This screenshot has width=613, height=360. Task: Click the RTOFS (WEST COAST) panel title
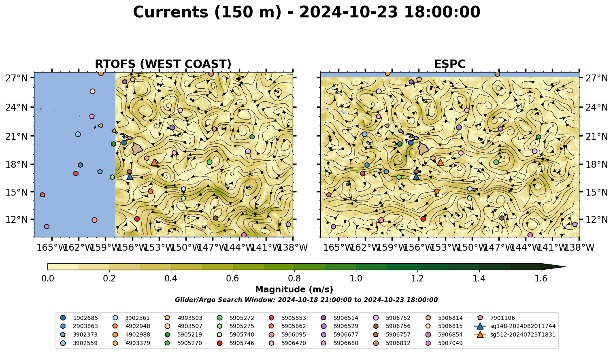coord(163,64)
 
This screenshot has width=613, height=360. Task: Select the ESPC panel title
coord(449,64)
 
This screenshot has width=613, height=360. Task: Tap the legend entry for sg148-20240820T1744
coord(515,326)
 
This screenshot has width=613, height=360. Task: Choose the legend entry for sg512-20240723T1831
coord(515,334)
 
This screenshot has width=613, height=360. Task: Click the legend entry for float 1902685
coord(79,318)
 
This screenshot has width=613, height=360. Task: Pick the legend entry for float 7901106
coord(496,318)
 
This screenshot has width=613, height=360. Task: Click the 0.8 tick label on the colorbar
coord(294,279)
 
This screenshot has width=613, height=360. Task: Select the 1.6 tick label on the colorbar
coord(541,279)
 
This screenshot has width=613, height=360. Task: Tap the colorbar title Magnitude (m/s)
coord(294,290)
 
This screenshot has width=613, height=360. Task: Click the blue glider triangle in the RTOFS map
coord(130,177)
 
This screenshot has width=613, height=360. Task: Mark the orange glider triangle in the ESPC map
coord(441,162)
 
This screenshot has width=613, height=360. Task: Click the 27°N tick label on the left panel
coord(17,78)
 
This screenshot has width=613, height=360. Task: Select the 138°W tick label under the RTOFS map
coord(293,247)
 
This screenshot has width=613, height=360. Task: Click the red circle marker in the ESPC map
coord(424,219)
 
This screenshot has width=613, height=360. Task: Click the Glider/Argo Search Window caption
coord(306,300)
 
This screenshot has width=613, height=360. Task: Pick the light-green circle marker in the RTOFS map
coord(209,162)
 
